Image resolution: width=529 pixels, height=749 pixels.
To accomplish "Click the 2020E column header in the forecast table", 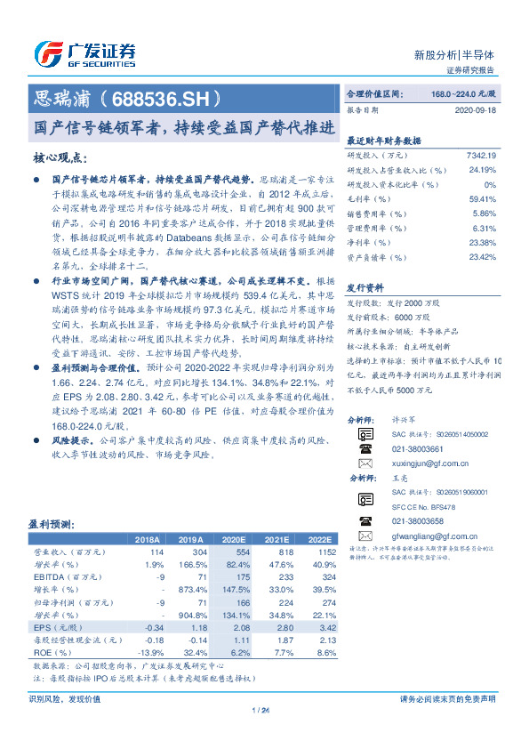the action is point(235,539).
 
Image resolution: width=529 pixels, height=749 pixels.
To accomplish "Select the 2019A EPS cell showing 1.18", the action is point(193,627).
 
